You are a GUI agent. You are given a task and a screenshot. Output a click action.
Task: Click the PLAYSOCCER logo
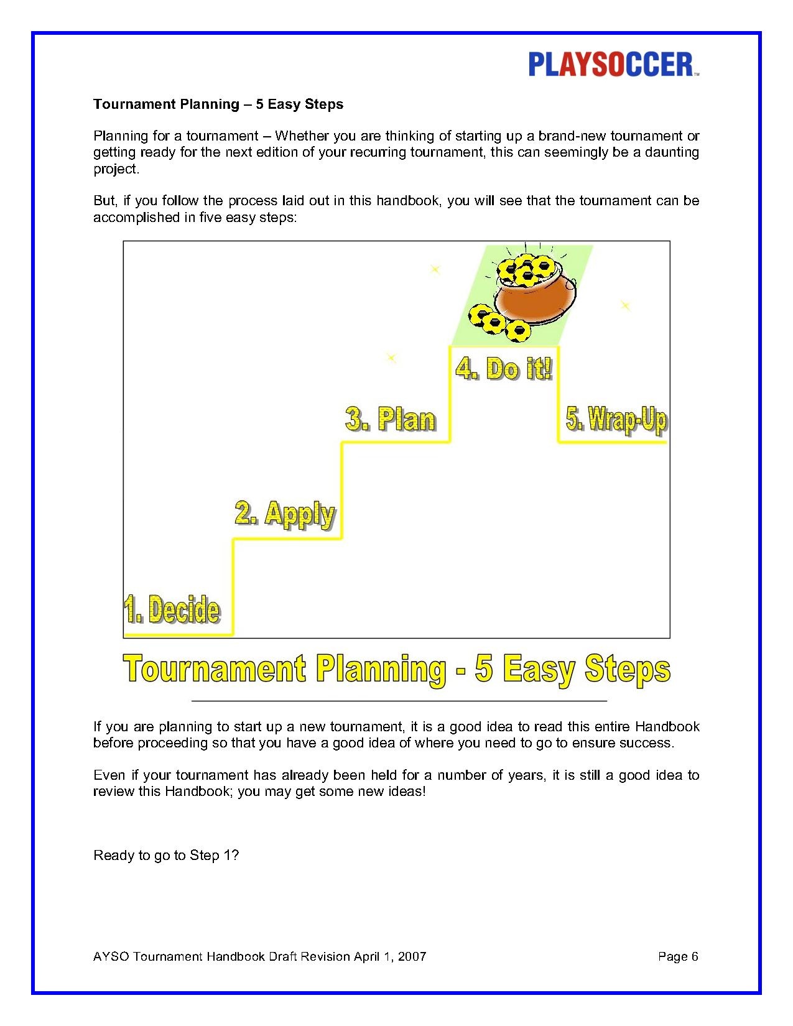coord(613,65)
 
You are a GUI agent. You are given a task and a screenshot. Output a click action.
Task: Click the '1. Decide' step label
coord(172,609)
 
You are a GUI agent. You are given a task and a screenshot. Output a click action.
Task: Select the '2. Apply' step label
coord(285,514)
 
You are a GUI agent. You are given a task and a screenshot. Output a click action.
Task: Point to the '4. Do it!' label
coord(504,369)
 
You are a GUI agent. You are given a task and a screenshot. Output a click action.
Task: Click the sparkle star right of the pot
coord(625,305)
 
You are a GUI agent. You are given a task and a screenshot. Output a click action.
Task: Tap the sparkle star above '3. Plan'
coord(391,358)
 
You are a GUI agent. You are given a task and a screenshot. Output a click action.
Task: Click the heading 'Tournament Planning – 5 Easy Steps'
coord(218,104)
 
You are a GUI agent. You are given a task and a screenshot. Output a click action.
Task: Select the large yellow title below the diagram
coord(397,669)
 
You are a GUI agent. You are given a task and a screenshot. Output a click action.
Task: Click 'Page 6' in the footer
coord(678,956)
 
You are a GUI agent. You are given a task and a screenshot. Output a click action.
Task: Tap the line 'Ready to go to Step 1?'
coord(166,856)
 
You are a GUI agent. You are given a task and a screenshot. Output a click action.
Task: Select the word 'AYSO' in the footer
coord(111,956)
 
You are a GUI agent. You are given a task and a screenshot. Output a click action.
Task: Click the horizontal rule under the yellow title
coord(399,701)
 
